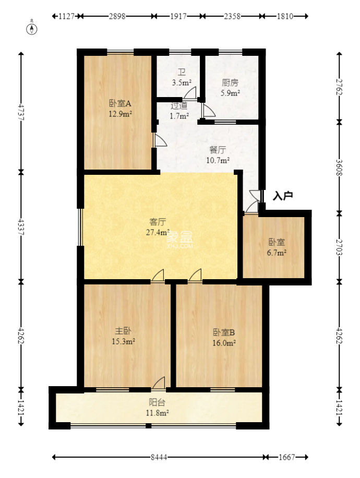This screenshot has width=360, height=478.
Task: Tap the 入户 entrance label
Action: pos(283,196)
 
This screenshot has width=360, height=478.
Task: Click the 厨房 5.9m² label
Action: pos(230,88)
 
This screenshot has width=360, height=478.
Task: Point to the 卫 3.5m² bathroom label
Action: pos(182,78)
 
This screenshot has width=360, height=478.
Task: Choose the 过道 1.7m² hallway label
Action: pos(179,111)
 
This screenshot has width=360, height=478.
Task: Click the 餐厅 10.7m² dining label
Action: pos(217,154)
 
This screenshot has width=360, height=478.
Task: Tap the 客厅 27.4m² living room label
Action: pos(158,226)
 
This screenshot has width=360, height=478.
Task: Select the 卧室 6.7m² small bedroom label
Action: pos(276,247)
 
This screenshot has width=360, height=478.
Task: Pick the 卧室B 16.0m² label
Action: pos(224,337)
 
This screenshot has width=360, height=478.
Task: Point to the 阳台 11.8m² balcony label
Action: pos(157,408)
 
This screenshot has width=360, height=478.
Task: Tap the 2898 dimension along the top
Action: pos(117,16)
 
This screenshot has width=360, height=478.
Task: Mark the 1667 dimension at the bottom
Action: pos(286,457)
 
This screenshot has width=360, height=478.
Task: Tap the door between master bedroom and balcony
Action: pos(159,384)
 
